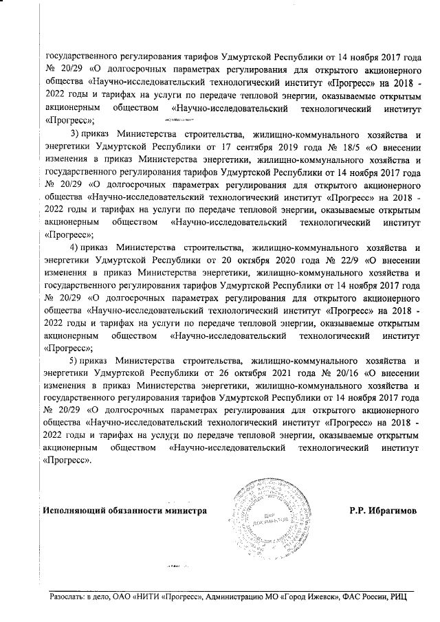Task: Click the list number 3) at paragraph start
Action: click(x=76, y=132)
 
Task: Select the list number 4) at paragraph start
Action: click(x=76, y=247)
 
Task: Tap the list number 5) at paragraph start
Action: click(x=76, y=361)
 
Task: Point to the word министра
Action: click(x=182, y=511)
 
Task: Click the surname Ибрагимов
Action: click(x=393, y=511)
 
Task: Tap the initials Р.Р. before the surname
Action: click(x=358, y=511)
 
